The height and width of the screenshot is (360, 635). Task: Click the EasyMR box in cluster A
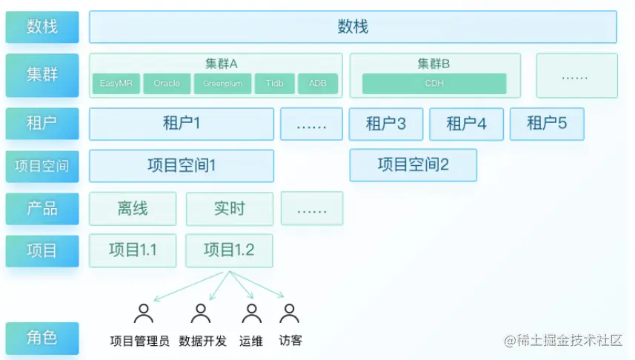coord(115,84)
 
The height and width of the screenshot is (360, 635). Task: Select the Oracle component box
coord(167,84)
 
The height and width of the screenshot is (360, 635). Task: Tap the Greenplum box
coord(222,84)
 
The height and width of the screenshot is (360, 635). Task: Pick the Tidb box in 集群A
coord(275,84)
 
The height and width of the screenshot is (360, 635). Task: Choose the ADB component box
coord(318,84)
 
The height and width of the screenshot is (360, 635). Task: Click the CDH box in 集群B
coord(434,84)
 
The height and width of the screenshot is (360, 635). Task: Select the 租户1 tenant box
coord(182,124)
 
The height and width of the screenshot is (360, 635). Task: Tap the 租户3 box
coord(386,124)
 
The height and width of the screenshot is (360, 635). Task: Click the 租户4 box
coord(466,124)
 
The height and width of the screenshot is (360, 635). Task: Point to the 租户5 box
coord(547,124)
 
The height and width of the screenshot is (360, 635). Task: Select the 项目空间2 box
coord(413,165)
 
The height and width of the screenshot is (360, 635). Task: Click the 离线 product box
coord(133,209)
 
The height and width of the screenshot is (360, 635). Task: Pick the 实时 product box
coord(229,209)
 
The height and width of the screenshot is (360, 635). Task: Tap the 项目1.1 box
coord(133,250)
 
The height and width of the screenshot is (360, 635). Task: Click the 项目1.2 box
coord(229,250)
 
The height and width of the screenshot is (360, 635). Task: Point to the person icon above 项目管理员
coord(143,314)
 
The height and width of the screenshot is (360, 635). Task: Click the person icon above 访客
coord(289,314)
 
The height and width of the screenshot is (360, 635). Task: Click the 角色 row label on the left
coord(41,338)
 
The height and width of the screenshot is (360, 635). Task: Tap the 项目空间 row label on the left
coord(41,166)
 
